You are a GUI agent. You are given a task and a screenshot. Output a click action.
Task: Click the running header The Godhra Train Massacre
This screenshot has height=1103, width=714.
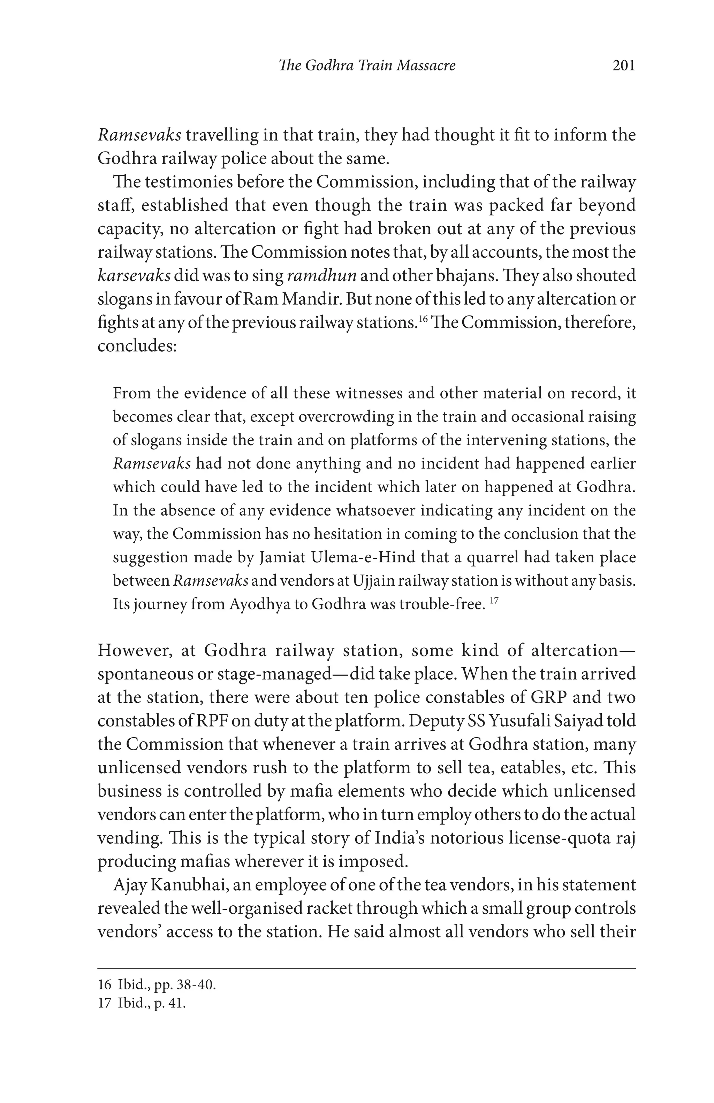click(x=367, y=66)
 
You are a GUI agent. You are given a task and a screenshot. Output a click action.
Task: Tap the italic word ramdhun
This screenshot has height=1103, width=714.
click(x=321, y=276)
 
